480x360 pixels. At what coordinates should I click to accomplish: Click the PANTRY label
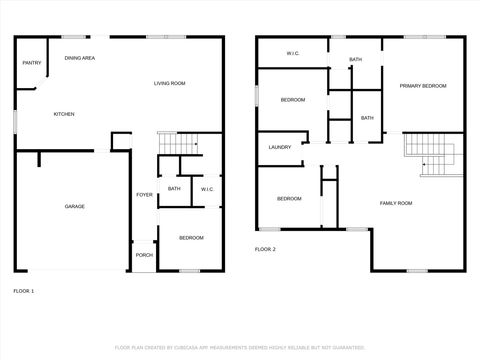coord(32,63)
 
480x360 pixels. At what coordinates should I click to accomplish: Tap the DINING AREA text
coord(80,58)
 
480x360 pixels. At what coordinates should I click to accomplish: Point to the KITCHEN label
coord(64,114)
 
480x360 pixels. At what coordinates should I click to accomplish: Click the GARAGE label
coord(75,206)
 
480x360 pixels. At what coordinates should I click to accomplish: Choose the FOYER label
coord(144,194)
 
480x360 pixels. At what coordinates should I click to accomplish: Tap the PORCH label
coord(144,254)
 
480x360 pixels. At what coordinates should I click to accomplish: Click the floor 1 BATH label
coord(174,189)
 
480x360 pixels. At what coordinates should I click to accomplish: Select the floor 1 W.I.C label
coord(207,189)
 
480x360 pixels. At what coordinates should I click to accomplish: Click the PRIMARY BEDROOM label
coord(423,87)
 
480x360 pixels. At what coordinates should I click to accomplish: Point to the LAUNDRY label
coord(280,147)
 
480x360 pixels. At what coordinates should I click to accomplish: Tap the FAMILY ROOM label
coord(396,203)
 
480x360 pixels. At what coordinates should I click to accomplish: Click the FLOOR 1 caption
coord(23,290)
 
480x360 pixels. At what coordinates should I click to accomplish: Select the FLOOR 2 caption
coord(265,248)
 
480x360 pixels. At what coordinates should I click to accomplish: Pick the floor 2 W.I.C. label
coord(294,53)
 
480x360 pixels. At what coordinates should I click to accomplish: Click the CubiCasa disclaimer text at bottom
coord(239,347)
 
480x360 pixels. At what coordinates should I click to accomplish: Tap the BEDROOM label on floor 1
coord(191,237)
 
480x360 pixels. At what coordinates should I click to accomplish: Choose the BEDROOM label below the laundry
coord(289,198)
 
